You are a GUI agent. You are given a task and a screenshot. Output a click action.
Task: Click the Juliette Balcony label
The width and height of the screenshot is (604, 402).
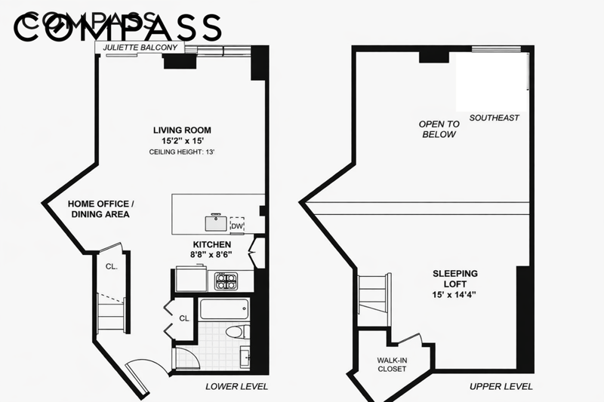click(140, 48)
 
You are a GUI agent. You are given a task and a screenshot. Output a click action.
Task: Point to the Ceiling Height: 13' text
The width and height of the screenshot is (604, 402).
click(182, 152)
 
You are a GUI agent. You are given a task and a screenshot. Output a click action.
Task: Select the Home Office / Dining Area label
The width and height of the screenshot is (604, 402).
click(100, 209)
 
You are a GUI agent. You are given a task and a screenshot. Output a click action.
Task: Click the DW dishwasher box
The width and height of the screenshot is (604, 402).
click(237, 226)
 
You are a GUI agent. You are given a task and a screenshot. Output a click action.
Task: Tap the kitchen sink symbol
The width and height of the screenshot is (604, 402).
click(216, 222)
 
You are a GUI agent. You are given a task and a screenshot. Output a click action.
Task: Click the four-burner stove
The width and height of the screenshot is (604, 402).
click(226, 281)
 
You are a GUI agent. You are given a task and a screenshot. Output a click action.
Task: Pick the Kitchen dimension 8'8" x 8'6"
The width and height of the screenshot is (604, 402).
click(211, 254)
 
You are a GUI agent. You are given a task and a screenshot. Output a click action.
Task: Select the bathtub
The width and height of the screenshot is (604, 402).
click(224, 309)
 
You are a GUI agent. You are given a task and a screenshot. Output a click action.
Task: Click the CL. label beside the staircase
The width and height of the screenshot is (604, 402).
click(112, 266)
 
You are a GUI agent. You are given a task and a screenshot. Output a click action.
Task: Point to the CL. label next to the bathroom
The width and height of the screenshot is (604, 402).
click(184, 318)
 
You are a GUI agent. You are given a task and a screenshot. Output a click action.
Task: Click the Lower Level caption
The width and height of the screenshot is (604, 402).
click(236, 386)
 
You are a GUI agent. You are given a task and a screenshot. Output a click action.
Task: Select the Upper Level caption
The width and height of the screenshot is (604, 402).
click(501, 386)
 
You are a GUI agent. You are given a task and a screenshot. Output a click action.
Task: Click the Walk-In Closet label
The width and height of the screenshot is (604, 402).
click(392, 365)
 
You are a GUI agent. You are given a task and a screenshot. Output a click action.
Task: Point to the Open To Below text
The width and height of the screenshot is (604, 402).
click(439, 129)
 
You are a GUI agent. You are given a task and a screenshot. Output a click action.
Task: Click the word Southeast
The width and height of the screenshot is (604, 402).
click(495, 118)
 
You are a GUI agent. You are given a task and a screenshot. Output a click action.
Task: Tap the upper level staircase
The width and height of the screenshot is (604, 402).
click(374, 299)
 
